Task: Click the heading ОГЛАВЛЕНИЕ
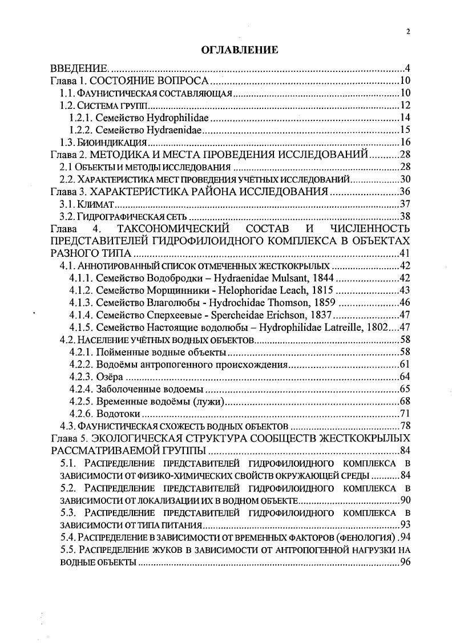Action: point(240,51)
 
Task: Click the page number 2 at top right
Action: point(408,32)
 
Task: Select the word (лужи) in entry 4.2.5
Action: point(208,401)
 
